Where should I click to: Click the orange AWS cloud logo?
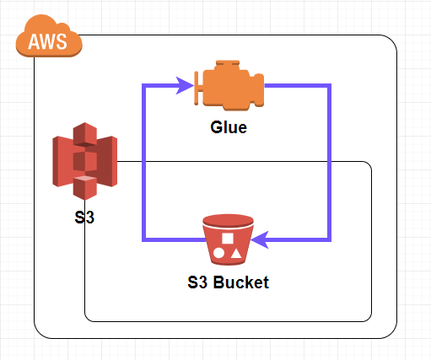[x=49, y=36]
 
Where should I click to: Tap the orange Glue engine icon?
[x=229, y=85]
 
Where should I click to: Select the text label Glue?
[x=229, y=127]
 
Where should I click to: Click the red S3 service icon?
[x=85, y=161]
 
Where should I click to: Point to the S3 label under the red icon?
[x=84, y=218]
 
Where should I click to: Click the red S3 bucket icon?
[x=228, y=239]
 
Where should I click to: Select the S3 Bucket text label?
[x=228, y=282]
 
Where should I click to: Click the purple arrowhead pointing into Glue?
[x=184, y=85]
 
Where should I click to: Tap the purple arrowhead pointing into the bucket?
[x=260, y=239]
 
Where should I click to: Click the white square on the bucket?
[x=228, y=239]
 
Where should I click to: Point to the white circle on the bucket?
[x=218, y=253]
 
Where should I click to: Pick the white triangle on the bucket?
[x=236, y=254]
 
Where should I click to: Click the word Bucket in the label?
[x=241, y=282]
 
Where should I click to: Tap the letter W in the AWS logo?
[x=48, y=41]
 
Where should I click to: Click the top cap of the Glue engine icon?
[x=228, y=63]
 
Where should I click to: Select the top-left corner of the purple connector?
[x=143, y=85]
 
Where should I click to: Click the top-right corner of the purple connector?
[x=330, y=85]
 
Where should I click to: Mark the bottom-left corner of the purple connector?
[x=143, y=239]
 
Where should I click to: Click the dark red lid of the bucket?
[x=228, y=220]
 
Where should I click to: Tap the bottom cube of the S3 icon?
[x=85, y=188]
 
